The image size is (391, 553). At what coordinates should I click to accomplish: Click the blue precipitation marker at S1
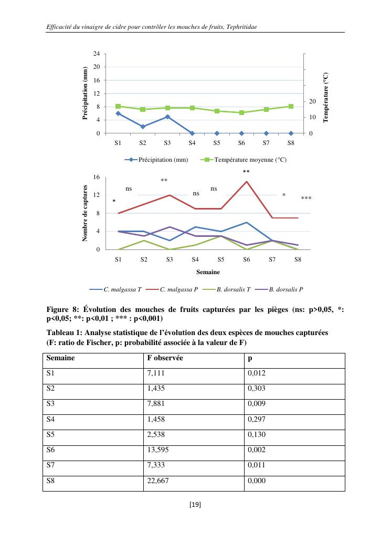click(x=118, y=113)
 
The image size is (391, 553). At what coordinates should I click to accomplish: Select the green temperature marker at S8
click(x=291, y=106)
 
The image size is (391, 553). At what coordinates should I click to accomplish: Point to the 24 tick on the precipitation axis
click(x=97, y=54)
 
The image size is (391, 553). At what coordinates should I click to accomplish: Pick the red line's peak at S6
click(x=246, y=182)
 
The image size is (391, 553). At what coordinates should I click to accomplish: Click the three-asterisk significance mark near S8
click(x=306, y=199)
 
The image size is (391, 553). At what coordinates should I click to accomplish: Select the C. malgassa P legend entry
click(x=178, y=289)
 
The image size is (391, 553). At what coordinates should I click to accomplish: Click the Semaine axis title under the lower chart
click(x=208, y=272)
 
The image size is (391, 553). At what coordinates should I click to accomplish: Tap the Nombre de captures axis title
click(x=85, y=213)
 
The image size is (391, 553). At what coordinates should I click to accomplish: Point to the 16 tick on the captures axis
click(x=97, y=178)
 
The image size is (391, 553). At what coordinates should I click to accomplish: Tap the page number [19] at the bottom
click(x=195, y=505)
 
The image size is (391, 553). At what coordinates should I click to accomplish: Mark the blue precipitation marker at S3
click(x=167, y=117)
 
